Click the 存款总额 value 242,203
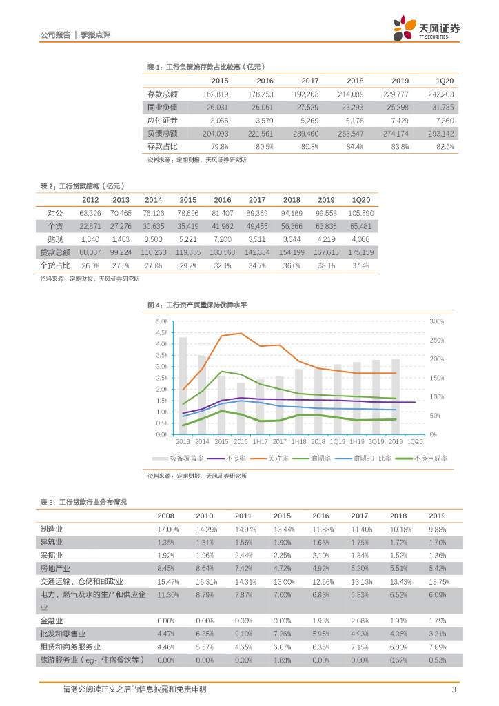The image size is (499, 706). (440, 94)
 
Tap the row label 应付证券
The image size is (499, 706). (163, 120)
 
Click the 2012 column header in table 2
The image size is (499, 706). (90, 200)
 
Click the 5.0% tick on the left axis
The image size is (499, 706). (162, 321)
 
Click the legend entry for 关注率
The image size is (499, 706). (268, 458)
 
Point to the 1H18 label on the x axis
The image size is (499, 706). (298, 441)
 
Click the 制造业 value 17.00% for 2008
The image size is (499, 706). (167, 529)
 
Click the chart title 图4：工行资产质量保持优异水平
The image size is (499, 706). (197, 304)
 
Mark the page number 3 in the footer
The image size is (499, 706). (454, 689)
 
